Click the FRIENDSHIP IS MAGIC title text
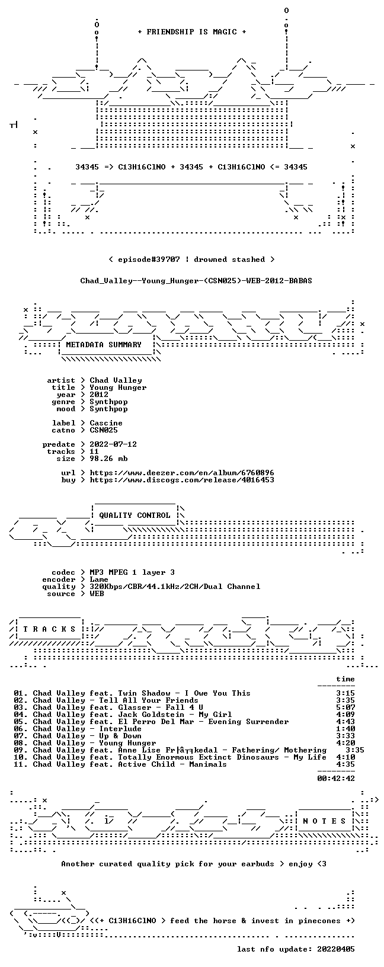192,32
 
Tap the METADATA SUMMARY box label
104,345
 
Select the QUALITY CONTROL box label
135,515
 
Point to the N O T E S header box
324,821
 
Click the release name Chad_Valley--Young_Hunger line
196,281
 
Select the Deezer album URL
182,473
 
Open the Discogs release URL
182,479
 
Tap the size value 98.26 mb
108,459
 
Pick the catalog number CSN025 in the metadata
104,430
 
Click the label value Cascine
106,423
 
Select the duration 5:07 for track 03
345,707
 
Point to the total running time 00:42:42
336,779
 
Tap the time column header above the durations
345,679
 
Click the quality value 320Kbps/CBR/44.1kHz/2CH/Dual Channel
175,587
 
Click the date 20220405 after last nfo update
336,949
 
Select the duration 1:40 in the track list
345,729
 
